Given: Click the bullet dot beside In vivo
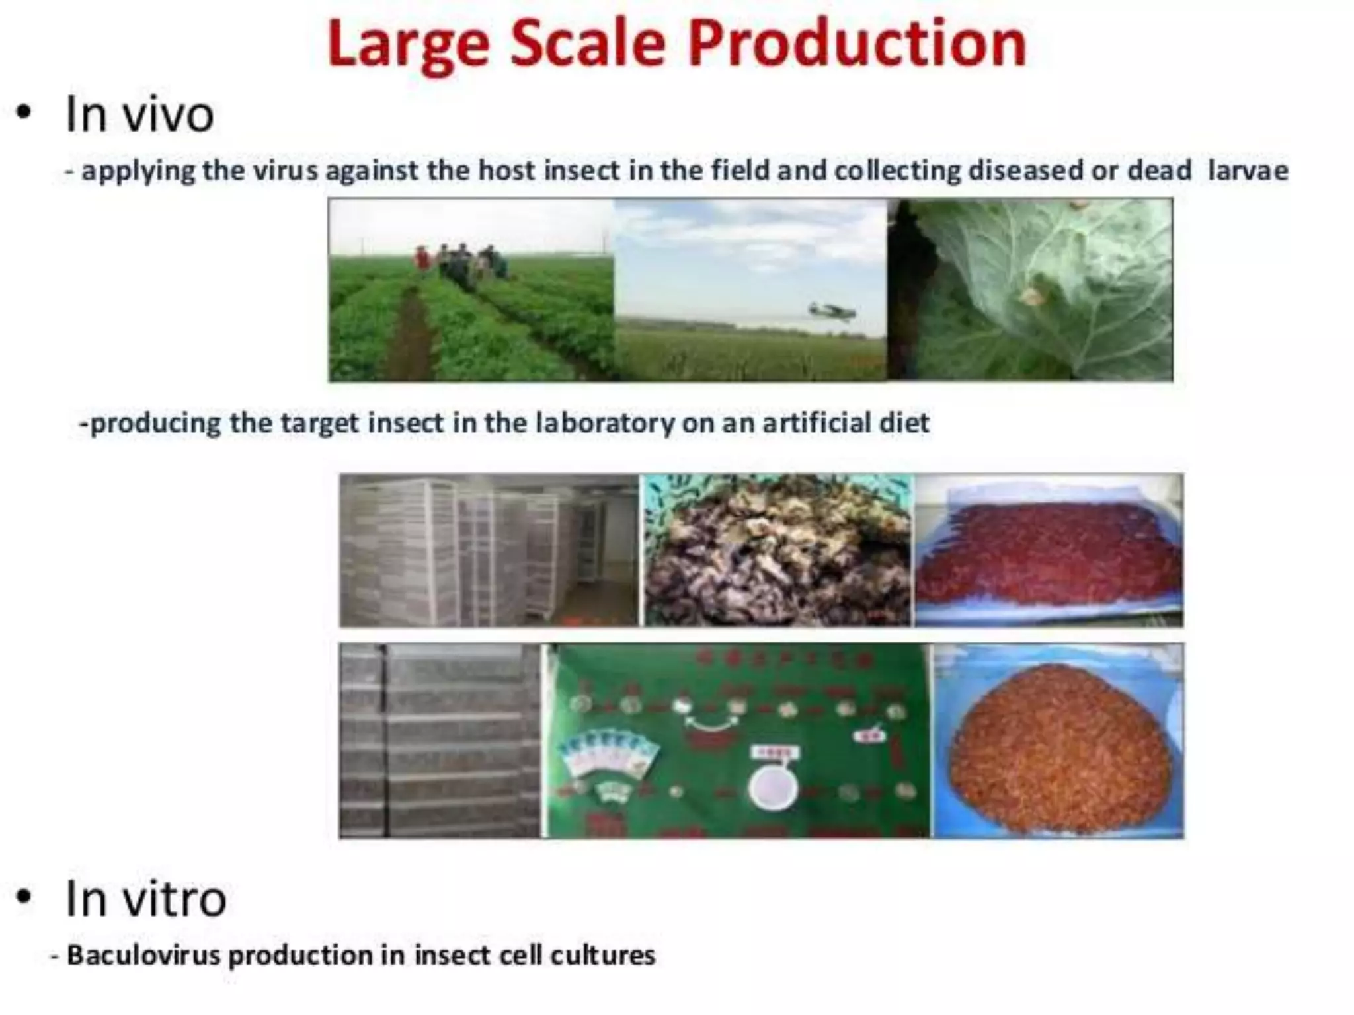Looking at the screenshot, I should [24, 113].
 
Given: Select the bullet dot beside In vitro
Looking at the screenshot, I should [24, 897].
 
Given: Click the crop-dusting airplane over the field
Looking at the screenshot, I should [831, 310].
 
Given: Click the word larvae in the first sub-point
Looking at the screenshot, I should [1248, 170].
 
